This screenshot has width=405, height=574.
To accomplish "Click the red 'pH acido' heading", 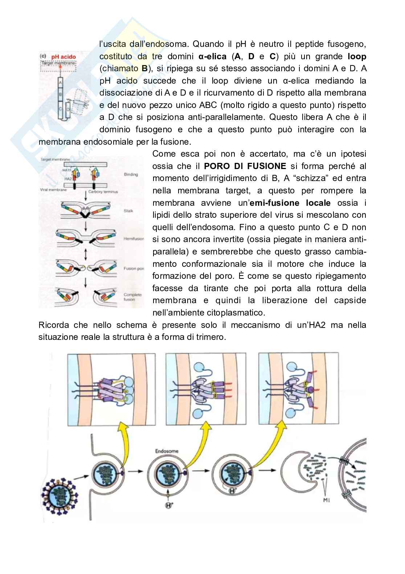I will pyautogui.click(x=64, y=57).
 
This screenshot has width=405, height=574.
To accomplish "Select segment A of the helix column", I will pyautogui.click(x=61, y=83).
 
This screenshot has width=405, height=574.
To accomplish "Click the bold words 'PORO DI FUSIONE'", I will pyautogui.click(x=245, y=166).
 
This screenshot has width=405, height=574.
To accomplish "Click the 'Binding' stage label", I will pyautogui.click(x=131, y=174).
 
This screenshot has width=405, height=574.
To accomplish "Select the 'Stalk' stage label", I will pyautogui.click(x=128, y=210).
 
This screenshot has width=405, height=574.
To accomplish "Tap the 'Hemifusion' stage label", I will pyautogui.click(x=134, y=239).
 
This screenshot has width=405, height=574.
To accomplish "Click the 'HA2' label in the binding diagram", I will pyautogui.click(x=67, y=179).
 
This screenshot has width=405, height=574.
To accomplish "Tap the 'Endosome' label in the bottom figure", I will pyautogui.click(x=167, y=451).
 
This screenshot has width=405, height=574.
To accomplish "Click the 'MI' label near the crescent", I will pyautogui.click(x=326, y=501).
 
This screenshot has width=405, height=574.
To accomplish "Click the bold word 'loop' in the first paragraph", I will pyautogui.click(x=357, y=57).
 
